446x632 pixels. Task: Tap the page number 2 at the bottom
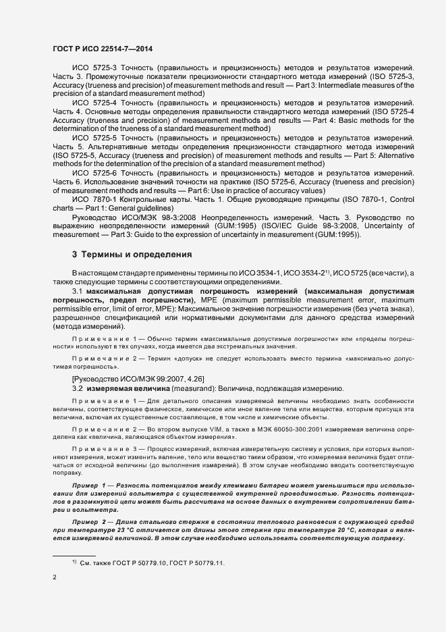55,577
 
